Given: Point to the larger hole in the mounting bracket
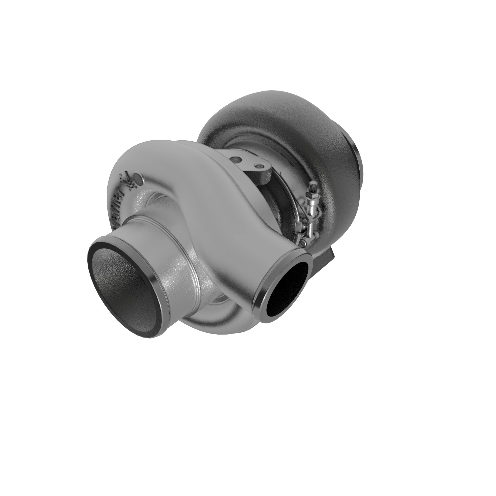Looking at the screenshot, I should tap(235, 160).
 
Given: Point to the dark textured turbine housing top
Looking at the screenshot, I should tap(270, 108).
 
